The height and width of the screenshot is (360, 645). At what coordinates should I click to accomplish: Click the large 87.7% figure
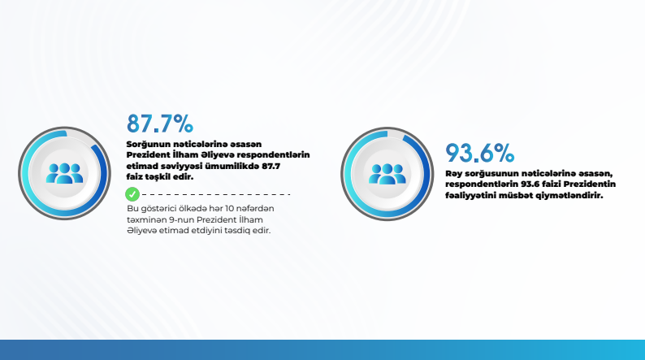(x=159, y=124)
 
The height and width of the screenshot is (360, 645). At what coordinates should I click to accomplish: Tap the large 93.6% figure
(x=479, y=153)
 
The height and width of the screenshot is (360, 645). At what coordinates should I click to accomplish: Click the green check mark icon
(x=132, y=194)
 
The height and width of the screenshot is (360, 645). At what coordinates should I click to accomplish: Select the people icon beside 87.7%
(x=65, y=173)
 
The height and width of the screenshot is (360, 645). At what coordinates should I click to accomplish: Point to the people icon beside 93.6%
(x=387, y=174)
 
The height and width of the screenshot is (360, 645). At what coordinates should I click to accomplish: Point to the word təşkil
(x=157, y=176)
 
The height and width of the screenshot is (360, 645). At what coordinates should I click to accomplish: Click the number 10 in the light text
(x=230, y=209)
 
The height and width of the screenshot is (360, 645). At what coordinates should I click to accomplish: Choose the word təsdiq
(x=238, y=231)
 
